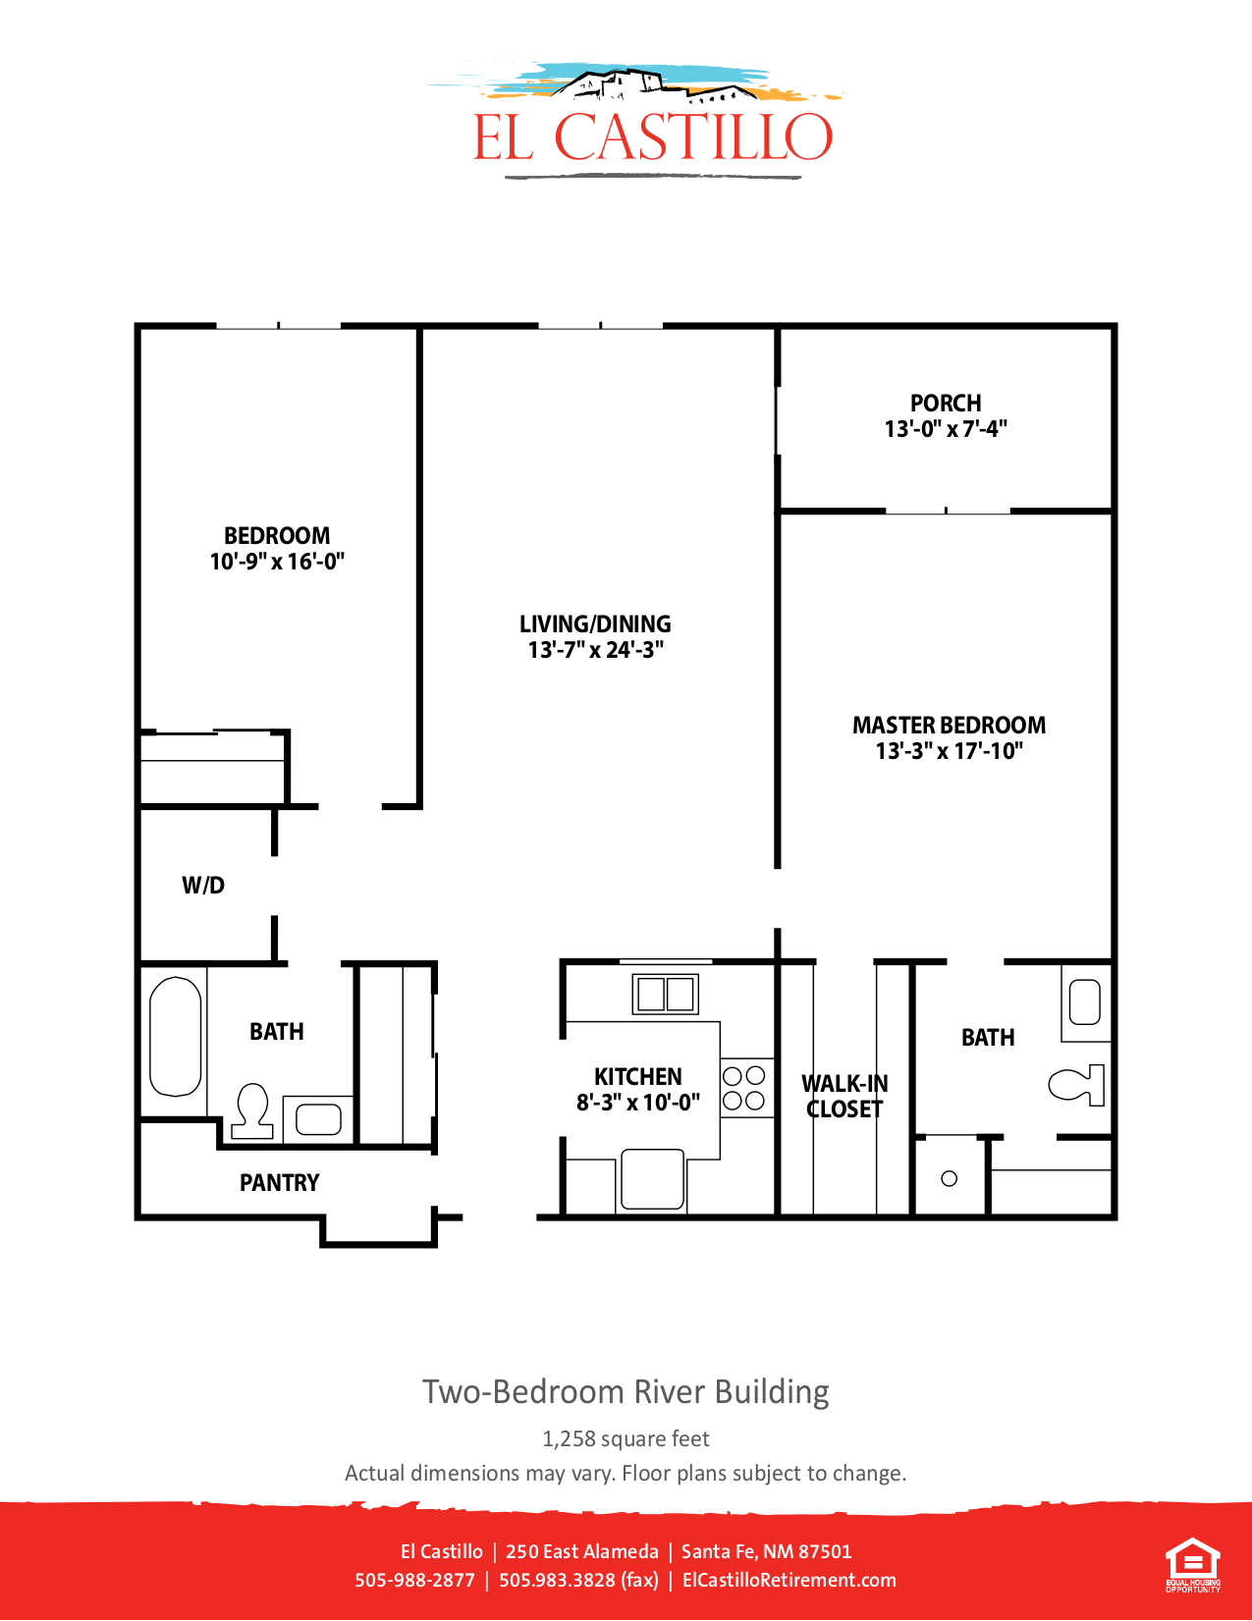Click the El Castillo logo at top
pos(652,123)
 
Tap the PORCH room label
pos(945,404)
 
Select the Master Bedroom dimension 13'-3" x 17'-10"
pos(949,751)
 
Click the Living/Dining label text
pos(595,624)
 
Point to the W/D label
pos(203,886)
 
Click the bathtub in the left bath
pos(176,1036)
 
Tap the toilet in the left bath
pos(253,1110)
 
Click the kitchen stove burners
pos(744,1088)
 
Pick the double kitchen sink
pos(665,994)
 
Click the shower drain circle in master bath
pos(949,1178)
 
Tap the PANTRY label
pos(280,1183)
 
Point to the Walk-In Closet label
pos(844,1097)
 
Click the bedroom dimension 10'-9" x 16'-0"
pos(277,562)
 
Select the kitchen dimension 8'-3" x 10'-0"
pos(638,1103)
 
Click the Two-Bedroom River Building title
pos(626,1392)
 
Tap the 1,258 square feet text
pos(626,1439)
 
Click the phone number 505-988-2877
pos(414,1581)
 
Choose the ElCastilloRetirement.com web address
pos(789,1581)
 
